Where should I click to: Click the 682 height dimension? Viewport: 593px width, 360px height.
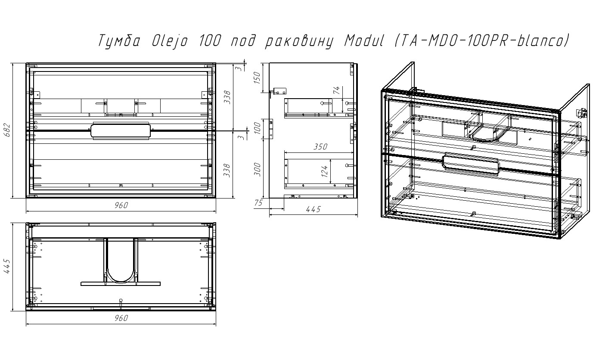click(x=7, y=130)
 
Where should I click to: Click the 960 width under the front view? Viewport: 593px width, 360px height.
click(x=121, y=205)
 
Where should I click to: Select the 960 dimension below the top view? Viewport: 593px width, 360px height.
click(x=121, y=318)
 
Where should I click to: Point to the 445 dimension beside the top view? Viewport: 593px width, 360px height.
click(x=7, y=266)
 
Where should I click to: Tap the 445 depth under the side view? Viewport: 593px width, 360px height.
click(x=313, y=209)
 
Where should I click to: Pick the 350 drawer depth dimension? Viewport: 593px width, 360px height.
click(x=320, y=147)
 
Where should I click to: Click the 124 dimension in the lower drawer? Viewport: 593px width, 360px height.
click(x=324, y=171)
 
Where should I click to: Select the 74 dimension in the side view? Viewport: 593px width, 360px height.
click(x=336, y=90)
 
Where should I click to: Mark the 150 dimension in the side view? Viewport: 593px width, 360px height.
click(x=257, y=78)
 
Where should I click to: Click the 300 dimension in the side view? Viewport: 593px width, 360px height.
click(x=257, y=170)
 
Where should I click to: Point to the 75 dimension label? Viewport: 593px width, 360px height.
click(x=258, y=203)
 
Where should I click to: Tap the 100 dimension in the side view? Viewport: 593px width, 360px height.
click(x=257, y=128)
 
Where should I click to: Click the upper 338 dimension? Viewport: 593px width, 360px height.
click(x=227, y=97)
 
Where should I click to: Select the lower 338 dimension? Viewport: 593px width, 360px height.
click(x=227, y=171)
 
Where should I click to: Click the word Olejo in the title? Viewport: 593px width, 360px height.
click(x=170, y=41)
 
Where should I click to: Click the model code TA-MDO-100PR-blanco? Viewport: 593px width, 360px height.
click(x=482, y=41)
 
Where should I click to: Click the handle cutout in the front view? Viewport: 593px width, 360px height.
click(x=121, y=131)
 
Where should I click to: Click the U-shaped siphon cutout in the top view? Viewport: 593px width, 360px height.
click(x=121, y=281)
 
